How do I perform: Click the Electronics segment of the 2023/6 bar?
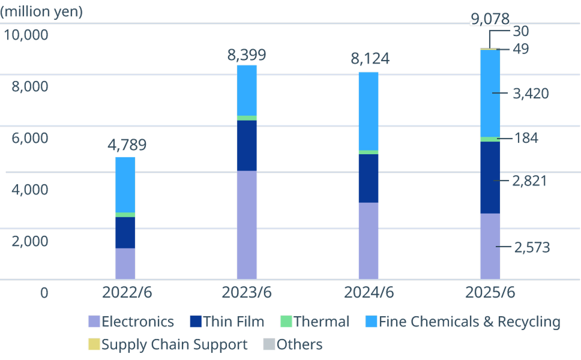pos(247,225)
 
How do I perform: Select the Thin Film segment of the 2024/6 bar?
pos(369,178)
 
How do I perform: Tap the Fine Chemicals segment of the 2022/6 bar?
pos(125,184)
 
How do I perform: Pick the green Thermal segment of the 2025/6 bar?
pos(490,139)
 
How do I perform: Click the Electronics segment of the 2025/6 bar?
pos(490,246)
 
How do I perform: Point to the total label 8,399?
pos(247,56)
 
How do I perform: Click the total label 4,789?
pos(127,145)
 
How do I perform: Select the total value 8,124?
pos(370,59)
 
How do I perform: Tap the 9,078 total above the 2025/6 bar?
pos(490,19)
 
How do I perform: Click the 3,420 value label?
pos(531,93)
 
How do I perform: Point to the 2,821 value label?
pos(529,181)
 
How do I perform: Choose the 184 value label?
pos(526,138)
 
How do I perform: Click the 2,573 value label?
pos(532,247)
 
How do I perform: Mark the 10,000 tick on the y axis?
pos(26,35)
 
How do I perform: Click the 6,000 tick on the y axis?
pos(30,138)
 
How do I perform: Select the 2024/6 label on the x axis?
pos(369,293)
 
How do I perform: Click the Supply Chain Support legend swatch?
pos(94,344)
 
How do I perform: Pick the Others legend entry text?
pos(300,344)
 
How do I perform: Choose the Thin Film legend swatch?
pos(195,322)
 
